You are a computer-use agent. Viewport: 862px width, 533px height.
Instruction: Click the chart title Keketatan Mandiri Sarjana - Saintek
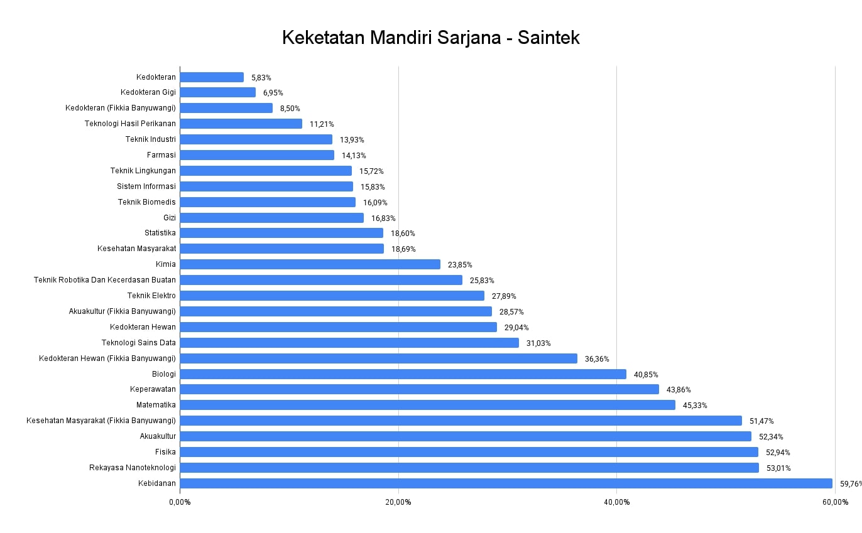pos(430,38)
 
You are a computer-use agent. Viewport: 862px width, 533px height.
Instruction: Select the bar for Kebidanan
pos(506,483)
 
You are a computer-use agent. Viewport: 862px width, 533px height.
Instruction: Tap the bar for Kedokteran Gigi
pos(217,92)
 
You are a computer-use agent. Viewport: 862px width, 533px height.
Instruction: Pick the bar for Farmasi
pos(257,155)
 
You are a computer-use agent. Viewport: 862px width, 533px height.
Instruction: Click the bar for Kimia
pos(310,264)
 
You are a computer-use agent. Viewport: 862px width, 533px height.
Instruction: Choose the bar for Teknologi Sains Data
pos(349,343)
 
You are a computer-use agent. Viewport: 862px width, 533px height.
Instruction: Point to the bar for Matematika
pos(427,405)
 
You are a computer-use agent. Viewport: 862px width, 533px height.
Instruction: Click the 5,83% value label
pos(261,77)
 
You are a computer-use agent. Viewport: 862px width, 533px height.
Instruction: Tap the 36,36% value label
pos(597,358)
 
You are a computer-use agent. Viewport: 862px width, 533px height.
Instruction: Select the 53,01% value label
pos(778,468)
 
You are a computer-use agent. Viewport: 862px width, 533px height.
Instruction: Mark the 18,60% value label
pos(403,233)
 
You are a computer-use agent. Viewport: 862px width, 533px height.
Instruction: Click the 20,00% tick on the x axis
pos(398,502)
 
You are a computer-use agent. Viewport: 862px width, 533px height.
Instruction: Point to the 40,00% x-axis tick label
pos(616,502)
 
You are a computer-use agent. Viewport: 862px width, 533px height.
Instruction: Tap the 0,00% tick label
pos(180,502)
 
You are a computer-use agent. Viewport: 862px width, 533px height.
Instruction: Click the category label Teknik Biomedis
pos(147,202)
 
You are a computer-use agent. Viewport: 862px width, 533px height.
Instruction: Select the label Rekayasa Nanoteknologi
pos(133,468)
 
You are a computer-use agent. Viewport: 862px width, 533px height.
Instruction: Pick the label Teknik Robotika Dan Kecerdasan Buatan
pos(105,280)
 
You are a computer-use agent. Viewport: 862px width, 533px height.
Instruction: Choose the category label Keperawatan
pos(153,389)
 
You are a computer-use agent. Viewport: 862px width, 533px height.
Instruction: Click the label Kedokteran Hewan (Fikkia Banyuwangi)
pos(107,358)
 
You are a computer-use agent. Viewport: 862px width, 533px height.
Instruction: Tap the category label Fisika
pos(166,452)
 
